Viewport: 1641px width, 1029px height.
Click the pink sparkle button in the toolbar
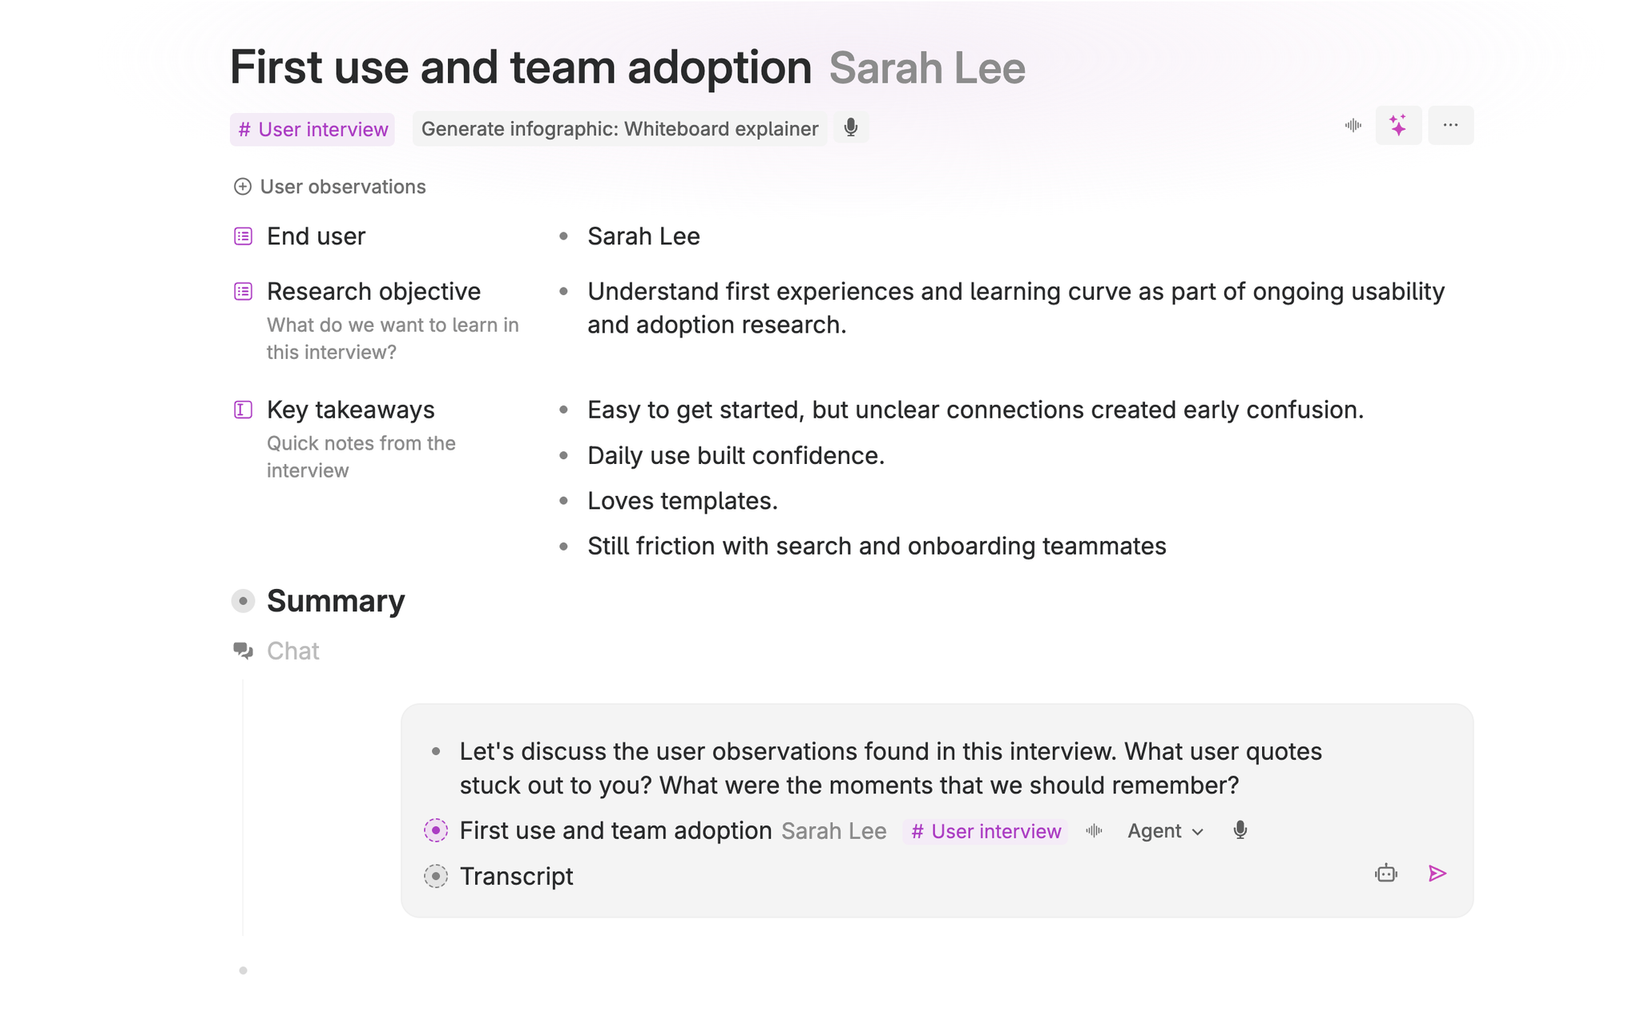1398,126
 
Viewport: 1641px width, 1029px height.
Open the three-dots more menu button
1450,126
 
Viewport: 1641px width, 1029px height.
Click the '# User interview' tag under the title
312,129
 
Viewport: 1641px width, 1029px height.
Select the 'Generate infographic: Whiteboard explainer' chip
619,129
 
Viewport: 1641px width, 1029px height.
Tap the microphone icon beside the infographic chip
851,127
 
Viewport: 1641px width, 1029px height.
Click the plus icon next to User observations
242,187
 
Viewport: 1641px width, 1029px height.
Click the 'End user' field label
316,236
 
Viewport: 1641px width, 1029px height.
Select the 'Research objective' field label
373,292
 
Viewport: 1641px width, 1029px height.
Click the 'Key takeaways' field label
350,410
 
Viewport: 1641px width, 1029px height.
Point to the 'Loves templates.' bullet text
682,501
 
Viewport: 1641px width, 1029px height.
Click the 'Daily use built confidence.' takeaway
736,456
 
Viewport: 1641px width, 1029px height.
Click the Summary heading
335,601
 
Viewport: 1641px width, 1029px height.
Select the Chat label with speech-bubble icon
292,651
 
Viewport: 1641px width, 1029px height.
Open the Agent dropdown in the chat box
1165,831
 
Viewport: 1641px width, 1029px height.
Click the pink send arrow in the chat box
1437,874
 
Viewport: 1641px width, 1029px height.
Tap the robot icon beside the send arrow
1386,874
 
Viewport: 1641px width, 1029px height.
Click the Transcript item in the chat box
516,877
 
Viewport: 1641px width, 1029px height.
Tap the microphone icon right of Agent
1240,830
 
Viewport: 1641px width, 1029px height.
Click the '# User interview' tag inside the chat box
986,831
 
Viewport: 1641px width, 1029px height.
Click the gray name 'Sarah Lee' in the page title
926,68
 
